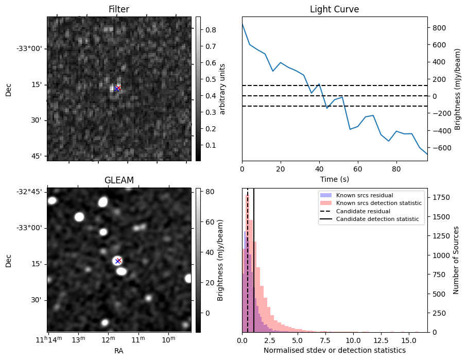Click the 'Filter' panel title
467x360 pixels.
click(x=118, y=9)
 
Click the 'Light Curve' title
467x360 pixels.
click(x=334, y=9)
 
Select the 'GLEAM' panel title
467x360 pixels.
click(x=118, y=180)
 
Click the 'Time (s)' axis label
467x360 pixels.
click(x=334, y=179)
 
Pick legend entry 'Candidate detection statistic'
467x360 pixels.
click(x=377, y=219)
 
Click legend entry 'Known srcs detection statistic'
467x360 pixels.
click(x=379, y=203)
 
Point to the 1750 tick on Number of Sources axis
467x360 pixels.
click(x=440, y=197)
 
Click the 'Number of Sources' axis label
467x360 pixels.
click(x=456, y=260)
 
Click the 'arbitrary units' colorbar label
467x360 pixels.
click(x=222, y=89)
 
